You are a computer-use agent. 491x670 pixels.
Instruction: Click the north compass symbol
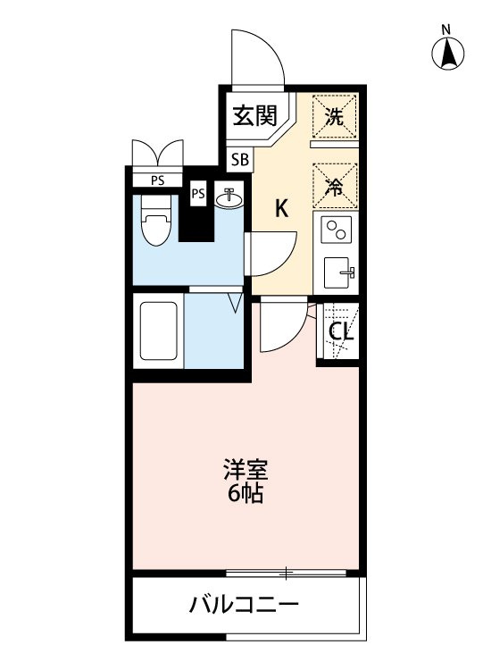449,54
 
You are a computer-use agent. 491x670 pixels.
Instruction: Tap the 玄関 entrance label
254,116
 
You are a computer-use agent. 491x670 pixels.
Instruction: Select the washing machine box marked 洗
334,116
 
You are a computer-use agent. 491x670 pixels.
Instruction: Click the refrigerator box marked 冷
335,188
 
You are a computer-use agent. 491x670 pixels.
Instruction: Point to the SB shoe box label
239,161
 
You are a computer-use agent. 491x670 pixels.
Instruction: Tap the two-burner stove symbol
337,231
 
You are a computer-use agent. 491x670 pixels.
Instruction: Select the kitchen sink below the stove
337,272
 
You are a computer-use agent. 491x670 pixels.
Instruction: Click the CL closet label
339,332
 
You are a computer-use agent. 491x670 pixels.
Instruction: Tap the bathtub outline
158,330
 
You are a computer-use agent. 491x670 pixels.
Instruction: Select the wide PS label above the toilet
157,180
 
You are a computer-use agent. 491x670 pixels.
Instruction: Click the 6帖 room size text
245,494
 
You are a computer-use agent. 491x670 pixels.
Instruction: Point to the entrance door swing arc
259,58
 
